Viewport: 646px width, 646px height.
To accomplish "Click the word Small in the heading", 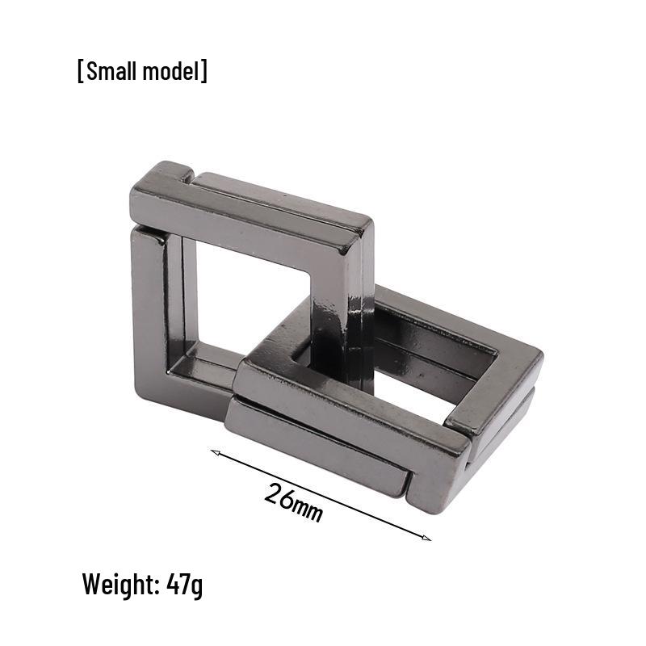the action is point(111,71).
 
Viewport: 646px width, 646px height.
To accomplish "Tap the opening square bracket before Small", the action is point(80,71).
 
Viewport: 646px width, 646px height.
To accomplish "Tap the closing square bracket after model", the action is point(204,71).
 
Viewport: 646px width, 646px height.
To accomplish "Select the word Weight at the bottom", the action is point(118,584).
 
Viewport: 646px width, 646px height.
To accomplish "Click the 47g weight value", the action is point(185,584).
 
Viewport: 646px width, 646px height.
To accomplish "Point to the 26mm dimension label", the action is point(293,502).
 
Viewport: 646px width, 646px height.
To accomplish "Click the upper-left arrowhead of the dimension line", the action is point(215,452).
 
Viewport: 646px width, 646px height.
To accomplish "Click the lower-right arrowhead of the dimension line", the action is point(426,537).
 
